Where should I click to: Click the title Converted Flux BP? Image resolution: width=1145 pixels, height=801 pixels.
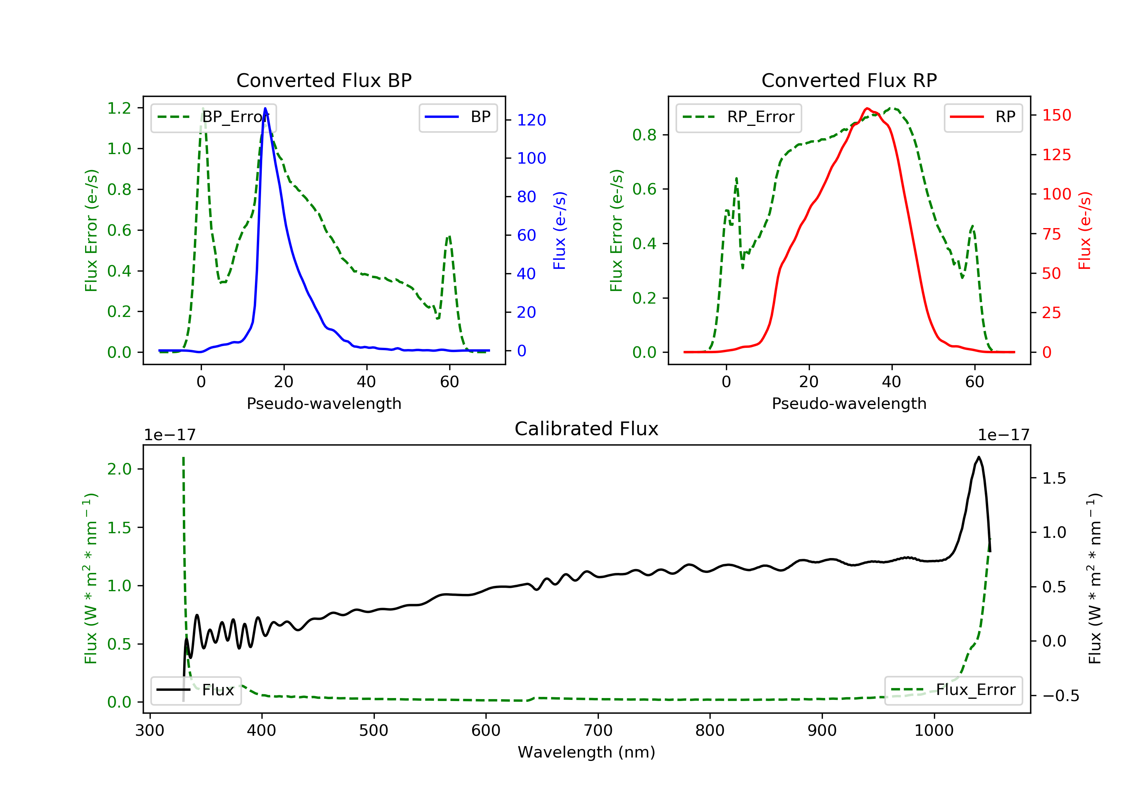click(x=324, y=80)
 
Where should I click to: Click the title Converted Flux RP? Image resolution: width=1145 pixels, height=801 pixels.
click(x=849, y=80)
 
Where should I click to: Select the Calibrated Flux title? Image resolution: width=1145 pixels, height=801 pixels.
click(x=587, y=429)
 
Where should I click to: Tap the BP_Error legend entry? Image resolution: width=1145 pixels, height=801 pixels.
click(x=213, y=117)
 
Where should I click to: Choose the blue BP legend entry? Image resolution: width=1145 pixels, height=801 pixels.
click(x=458, y=117)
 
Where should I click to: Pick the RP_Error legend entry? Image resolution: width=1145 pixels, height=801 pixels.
click(x=738, y=117)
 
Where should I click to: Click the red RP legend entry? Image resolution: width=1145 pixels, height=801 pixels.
click(x=983, y=117)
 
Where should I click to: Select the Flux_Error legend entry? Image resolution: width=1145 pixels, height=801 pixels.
click(x=953, y=690)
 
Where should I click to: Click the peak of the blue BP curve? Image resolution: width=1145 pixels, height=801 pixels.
click(x=265, y=108)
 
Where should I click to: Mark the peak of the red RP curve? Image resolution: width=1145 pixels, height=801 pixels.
click(x=867, y=108)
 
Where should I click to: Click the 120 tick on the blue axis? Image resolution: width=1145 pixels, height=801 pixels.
click(x=531, y=120)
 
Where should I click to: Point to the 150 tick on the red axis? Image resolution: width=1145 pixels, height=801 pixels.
click(x=1056, y=115)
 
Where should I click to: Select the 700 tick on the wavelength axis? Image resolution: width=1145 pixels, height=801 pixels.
click(x=598, y=731)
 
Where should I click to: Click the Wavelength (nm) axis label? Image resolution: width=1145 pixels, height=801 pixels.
click(x=587, y=752)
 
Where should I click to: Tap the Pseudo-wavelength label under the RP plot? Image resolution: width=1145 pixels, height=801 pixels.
click(x=849, y=404)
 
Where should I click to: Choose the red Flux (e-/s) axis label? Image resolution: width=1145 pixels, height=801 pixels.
click(x=1085, y=230)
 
